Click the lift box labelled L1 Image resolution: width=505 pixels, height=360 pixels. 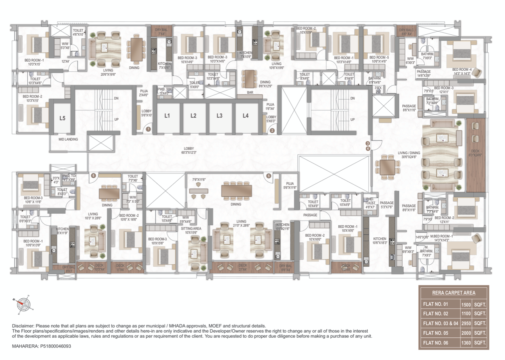click(167, 116)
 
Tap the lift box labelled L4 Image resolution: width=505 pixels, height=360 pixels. click(245, 116)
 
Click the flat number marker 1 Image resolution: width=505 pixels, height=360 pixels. click(149, 128)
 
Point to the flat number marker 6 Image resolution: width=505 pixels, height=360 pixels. click(93, 176)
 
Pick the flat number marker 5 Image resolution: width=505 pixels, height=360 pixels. click(269, 176)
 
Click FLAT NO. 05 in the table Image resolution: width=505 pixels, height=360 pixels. click(436, 333)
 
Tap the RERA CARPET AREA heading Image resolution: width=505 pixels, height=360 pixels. click(453, 292)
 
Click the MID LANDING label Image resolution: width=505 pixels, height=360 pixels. click(68, 139)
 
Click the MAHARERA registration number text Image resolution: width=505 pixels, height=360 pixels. click(42, 346)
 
